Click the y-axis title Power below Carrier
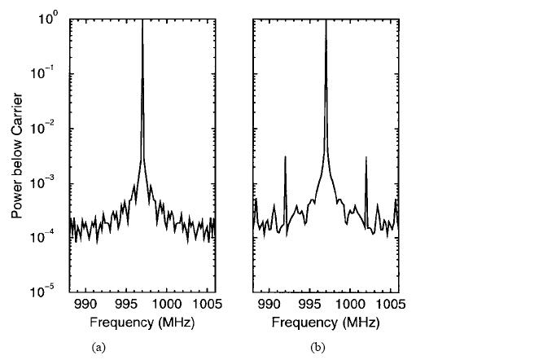tap(16, 155)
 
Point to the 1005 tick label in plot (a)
tap(205, 305)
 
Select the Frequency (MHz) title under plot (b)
tap(326, 322)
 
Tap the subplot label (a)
tap(99, 347)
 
